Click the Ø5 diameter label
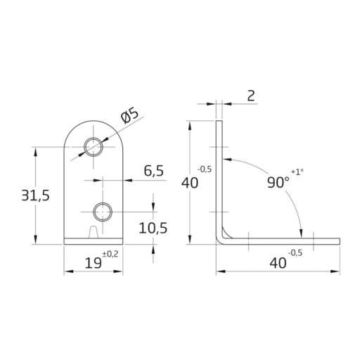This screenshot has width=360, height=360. click(130, 116)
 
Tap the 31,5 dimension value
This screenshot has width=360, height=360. click(36, 195)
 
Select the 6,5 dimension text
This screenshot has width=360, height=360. click(154, 171)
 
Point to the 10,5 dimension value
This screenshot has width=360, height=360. click(153, 228)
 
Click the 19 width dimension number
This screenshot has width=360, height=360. click(94, 263)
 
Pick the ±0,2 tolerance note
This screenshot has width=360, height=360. click(110, 254)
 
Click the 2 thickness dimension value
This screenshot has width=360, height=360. click(251, 96)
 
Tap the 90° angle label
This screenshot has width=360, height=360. click(278, 182)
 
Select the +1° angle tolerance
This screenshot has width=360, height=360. click(297, 172)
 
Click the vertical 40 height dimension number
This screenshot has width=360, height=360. click(190, 183)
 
